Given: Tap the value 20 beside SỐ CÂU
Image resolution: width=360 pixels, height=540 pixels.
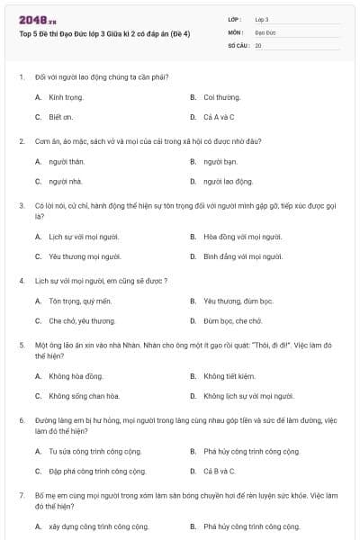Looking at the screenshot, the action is click(258, 45).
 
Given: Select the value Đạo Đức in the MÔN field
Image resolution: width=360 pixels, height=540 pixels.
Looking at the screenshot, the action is click(264, 31).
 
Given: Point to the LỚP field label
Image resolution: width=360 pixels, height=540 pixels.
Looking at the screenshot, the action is click(235, 19).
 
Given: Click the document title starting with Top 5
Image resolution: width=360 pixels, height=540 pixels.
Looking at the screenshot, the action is click(103, 33).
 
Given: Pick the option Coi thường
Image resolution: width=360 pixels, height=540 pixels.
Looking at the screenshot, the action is click(221, 96).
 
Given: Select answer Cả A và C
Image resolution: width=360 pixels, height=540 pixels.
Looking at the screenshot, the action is click(219, 117).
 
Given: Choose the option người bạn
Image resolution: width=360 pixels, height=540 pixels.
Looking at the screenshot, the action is click(219, 161).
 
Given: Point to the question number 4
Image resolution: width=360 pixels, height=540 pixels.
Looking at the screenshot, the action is click(22, 280).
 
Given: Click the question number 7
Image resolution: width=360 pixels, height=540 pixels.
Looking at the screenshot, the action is click(22, 495).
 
